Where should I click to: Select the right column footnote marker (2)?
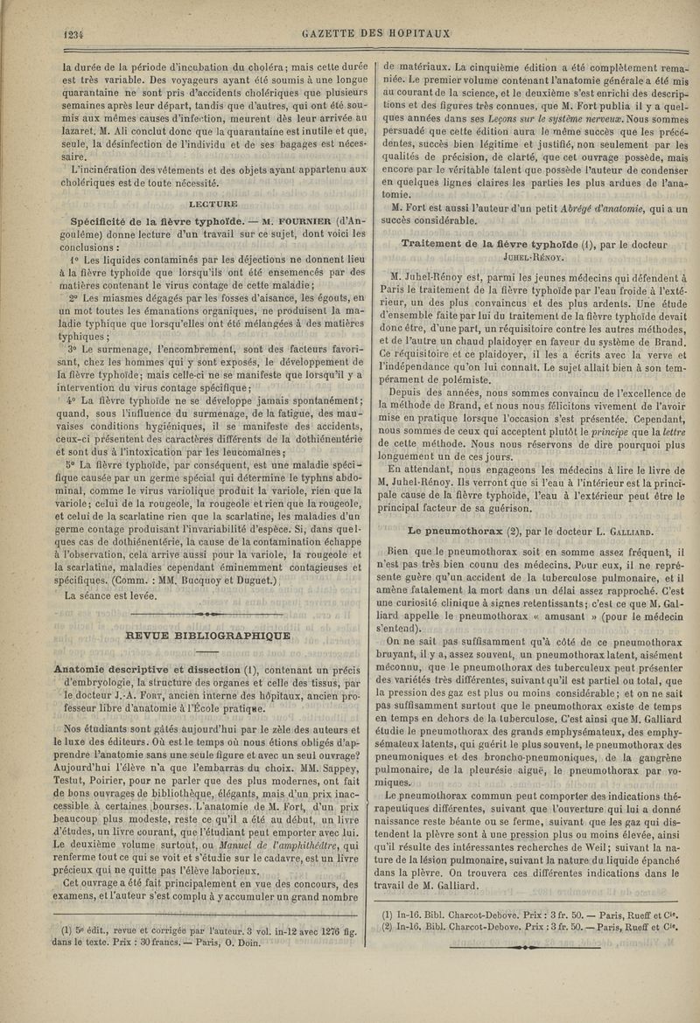coord(391,929)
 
